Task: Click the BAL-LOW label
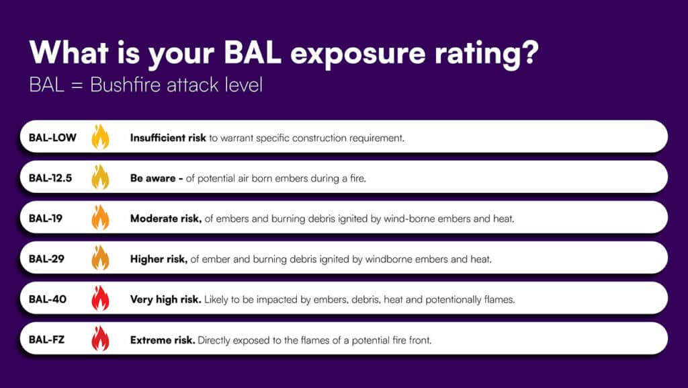coord(52,137)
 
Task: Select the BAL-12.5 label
coord(50,178)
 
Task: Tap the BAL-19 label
coord(46,218)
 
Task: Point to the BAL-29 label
coord(46,258)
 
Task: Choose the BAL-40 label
coord(48,299)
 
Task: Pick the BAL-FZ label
coord(46,340)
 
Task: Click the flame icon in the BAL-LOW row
coord(101,137)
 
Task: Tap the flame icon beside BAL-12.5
coord(101,177)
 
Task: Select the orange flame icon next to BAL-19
coord(101,217)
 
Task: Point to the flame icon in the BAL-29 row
coord(101,258)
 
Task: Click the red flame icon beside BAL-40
coord(101,298)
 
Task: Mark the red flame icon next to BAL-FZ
coord(101,338)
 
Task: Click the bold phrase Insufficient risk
coord(168,138)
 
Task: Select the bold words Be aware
coord(153,178)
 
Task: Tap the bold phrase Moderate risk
coord(166,219)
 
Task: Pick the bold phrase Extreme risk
coord(163,340)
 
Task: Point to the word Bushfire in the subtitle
coord(125,85)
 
